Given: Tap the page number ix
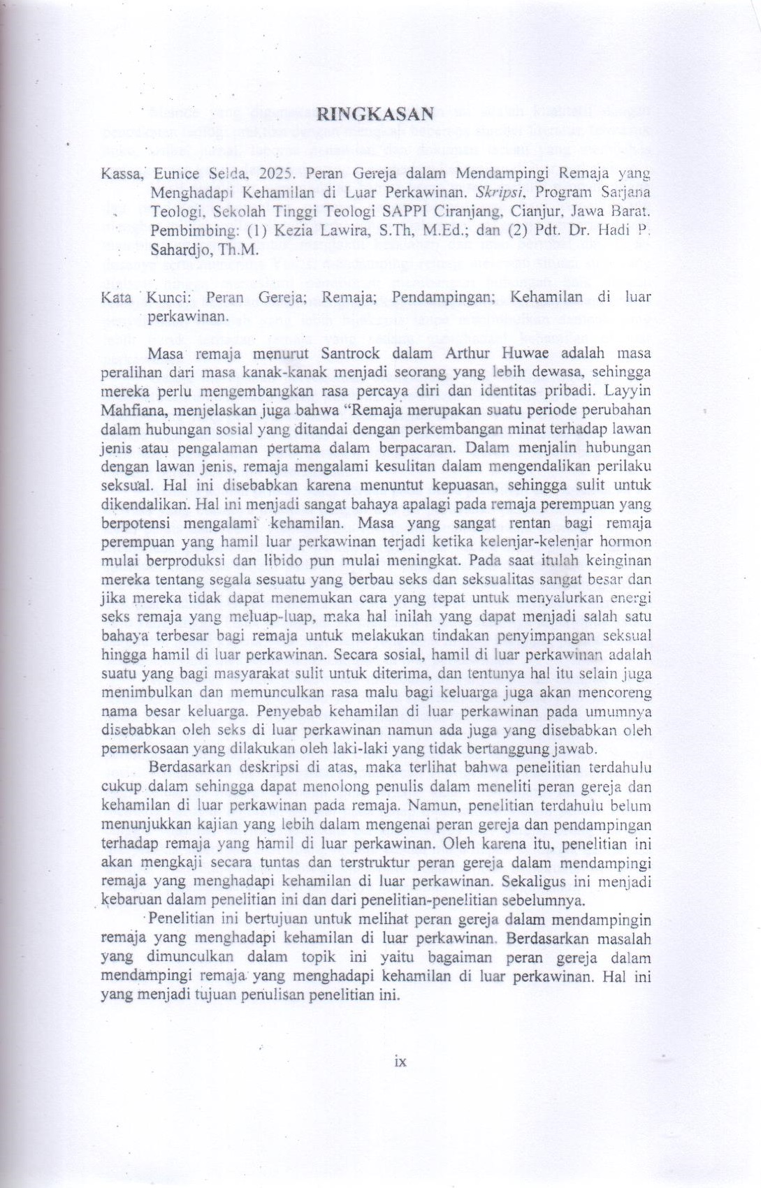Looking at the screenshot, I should [x=400, y=1062].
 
